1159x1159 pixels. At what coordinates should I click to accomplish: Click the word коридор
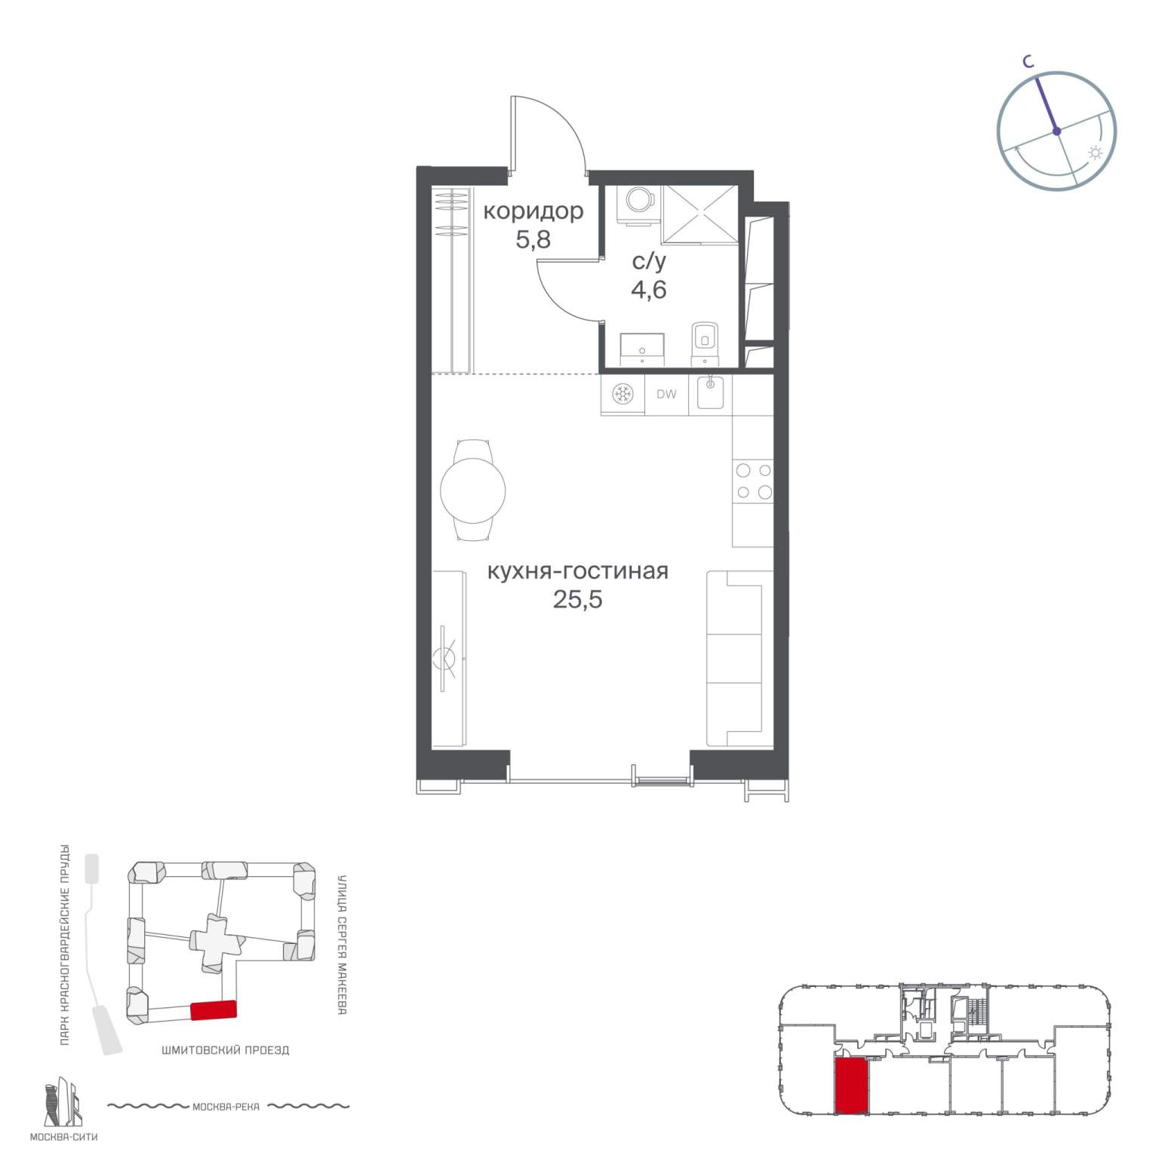533,211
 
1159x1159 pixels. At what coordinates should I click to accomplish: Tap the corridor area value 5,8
533,240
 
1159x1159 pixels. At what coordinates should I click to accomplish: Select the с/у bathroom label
649,262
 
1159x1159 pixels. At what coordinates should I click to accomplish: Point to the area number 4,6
649,289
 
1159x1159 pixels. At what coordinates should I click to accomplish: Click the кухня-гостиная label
578,571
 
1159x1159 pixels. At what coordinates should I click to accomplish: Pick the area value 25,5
578,600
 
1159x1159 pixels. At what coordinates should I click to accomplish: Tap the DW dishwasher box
666,395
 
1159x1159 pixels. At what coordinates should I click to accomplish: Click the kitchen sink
710,392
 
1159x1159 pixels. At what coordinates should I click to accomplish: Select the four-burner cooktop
754,481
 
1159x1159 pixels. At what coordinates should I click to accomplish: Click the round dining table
472,490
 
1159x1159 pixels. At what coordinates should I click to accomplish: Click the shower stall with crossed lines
699,214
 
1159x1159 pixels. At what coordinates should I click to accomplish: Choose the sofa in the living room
739,659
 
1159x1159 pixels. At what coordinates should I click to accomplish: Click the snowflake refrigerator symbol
623,394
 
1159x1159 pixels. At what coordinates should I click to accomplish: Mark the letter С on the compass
1028,63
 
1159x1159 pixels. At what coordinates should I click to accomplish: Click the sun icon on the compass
1095,153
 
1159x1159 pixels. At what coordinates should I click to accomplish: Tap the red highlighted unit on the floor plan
852,1085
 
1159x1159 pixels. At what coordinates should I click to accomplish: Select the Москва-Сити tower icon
62,1102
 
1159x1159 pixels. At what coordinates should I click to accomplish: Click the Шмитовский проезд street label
226,1050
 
